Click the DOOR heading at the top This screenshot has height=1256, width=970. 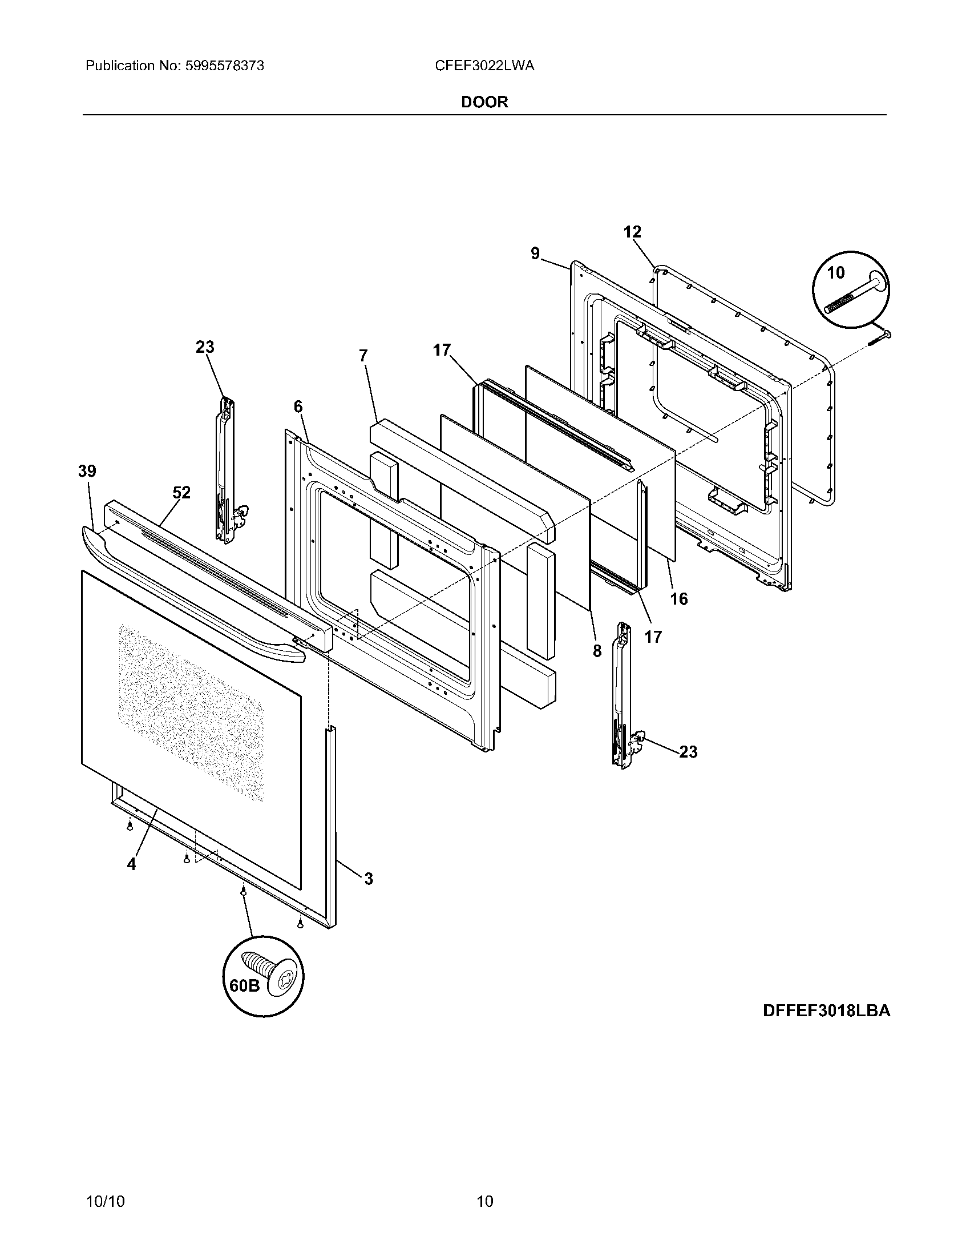click(x=484, y=102)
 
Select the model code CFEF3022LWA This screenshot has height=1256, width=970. click(x=484, y=66)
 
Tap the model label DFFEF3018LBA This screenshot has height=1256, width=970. click(x=826, y=1026)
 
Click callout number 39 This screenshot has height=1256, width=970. click(x=87, y=472)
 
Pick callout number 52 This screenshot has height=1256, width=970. click(x=181, y=493)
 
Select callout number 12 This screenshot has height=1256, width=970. click(x=632, y=232)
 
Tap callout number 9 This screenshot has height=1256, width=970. click(x=535, y=253)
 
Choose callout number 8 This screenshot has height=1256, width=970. click(x=597, y=650)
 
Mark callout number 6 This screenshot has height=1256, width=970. click(x=298, y=406)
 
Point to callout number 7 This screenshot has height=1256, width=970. click(x=362, y=356)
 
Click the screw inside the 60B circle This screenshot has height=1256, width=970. click(x=268, y=971)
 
